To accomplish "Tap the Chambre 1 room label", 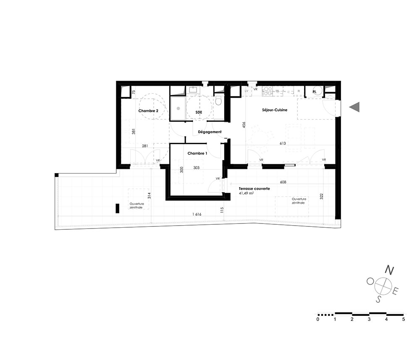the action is click(x=197, y=153).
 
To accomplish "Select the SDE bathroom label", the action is click(x=199, y=113).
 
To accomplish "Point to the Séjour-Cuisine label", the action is click(x=275, y=110).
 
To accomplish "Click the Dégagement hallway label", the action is click(x=210, y=132).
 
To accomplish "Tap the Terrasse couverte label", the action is click(x=255, y=189).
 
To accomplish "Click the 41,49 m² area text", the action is click(x=247, y=193).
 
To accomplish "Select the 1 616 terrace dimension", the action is click(x=197, y=214).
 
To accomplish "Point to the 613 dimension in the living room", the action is click(x=283, y=143).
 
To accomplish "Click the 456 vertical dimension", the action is click(x=244, y=125).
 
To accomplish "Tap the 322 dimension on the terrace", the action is click(x=321, y=196).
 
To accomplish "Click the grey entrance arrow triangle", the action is click(x=354, y=107).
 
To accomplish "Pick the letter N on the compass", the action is click(x=389, y=270).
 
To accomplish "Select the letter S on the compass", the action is click(x=378, y=299).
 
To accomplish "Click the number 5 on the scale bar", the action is click(x=403, y=319).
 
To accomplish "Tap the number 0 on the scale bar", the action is click(x=318, y=319).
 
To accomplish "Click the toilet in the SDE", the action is click(x=218, y=101).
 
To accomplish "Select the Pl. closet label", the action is click(x=315, y=92).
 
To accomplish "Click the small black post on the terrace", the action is click(x=117, y=208).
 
